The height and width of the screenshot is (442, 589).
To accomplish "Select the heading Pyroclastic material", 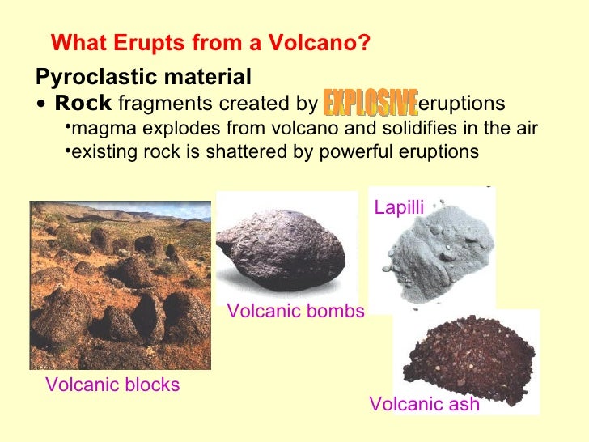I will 144,78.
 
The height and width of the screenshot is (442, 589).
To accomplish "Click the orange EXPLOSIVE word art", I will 370,103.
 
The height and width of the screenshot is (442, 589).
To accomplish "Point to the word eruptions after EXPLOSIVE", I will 463,104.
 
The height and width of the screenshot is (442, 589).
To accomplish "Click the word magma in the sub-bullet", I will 100,129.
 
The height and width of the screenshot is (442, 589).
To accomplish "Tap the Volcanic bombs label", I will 296,311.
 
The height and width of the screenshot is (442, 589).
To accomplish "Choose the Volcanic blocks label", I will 112,385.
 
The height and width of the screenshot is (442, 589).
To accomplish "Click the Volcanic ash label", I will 424,404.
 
